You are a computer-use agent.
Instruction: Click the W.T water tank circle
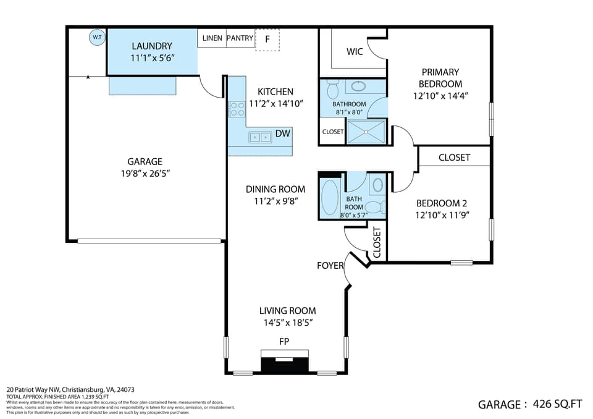pyautogui.click(x=97, y=37)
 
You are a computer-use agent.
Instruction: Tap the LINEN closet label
pyautogui.click(x=212, y=38)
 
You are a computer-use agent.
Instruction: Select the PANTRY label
pyautogui.click(x=240, y=38)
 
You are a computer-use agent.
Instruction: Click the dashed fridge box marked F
pyautogui.click(x=267, y=40)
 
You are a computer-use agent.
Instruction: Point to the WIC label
pyautogui.click(x=355, y=51)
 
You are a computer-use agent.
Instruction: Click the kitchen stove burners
pyautogui.click(x=237, y=109)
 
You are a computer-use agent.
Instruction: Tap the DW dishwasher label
pyautogui.click(x=282, y=133)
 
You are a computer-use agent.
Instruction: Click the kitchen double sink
pyautogui.click(x=260, y=137)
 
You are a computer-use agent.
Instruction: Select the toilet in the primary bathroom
pyautogui.click(x=333, y=90)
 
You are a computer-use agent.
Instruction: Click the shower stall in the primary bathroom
pyautogui.click(x=366, y=132)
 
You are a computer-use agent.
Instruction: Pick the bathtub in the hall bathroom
pyautogui.click(x=330, y=197)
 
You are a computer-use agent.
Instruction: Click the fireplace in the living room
pyautogui.click(x=285, y=362)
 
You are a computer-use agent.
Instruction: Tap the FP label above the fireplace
pyautogui.click(x=284, y=342)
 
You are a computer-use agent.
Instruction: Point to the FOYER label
pyautogui.click(x=330, y=266)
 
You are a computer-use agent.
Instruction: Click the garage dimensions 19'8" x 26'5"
pyautogui.click(x=145, y=174)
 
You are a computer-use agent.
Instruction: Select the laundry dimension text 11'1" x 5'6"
pyautogui.click(x=153, y=58)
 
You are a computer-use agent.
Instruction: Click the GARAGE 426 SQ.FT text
pyautogui.click(x=530, y=404)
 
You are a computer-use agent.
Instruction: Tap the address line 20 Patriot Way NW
pyautogui.click(x=70, y=389)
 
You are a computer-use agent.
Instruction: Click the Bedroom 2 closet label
pyautogui.click(x=454, y=158)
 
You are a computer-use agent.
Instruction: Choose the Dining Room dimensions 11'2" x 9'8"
pyautogui.click(x=276, y=201)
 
